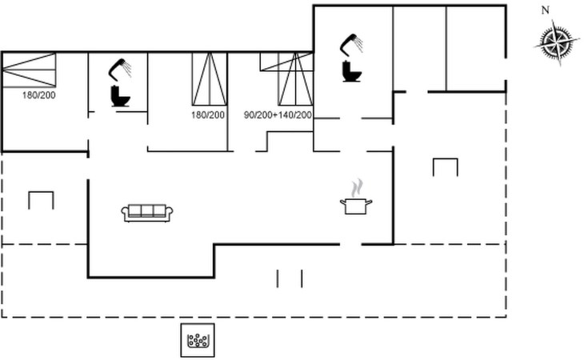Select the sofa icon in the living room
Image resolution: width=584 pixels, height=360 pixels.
click(148, 212)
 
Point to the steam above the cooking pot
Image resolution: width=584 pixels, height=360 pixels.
click(355, 188)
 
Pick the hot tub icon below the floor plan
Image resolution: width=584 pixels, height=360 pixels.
click(197, 342)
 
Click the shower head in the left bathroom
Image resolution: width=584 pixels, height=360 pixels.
click(120, 67)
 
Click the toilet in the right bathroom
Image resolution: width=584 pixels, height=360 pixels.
click(350, 71)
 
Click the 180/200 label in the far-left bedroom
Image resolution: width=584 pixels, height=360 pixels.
click(38, 95)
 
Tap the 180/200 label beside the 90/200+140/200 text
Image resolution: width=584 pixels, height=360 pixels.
click(208, 115)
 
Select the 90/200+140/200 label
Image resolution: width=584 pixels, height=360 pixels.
click(278, 115)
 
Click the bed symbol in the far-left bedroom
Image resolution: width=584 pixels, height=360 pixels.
click(30, 70)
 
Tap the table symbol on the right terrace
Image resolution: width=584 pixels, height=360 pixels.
click(445, 166)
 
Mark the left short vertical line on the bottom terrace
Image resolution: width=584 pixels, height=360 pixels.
click(278, 278)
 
